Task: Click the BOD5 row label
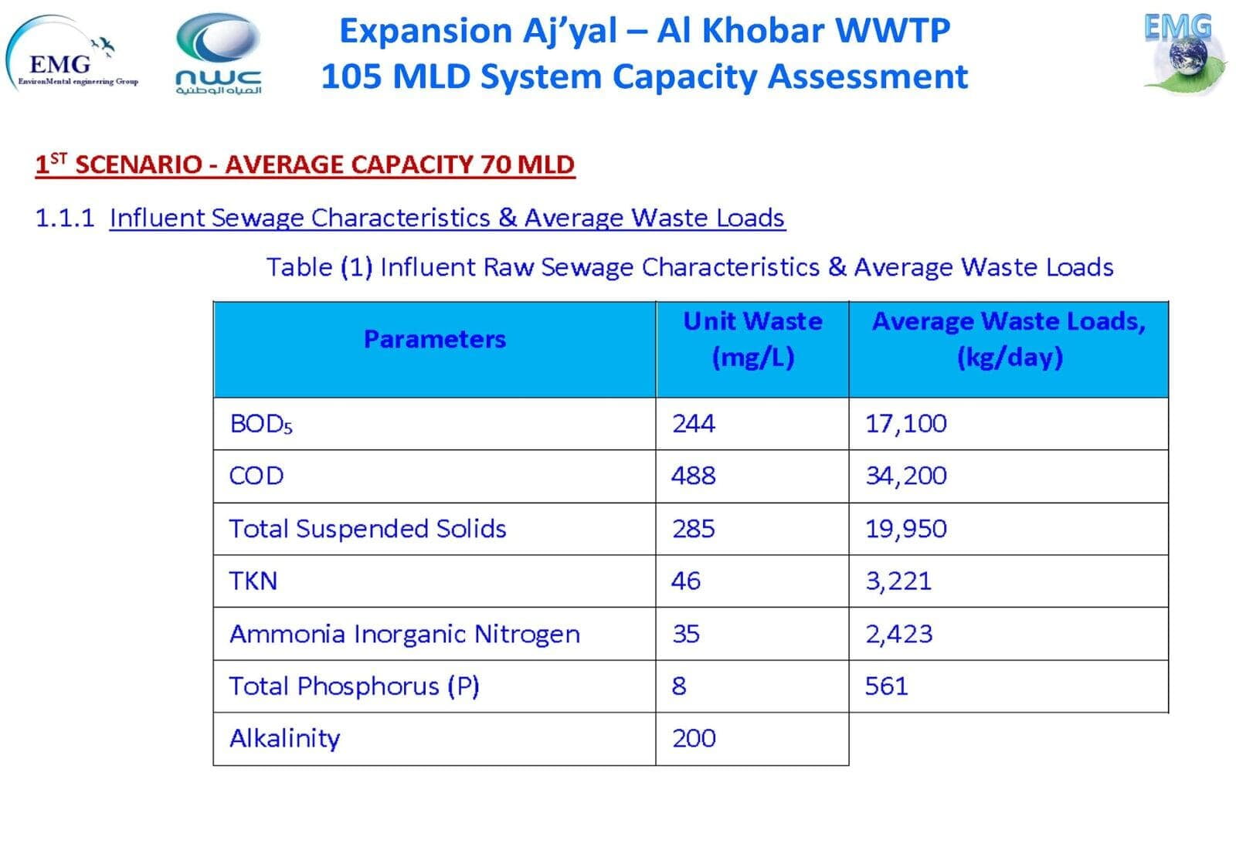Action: click(261, 424)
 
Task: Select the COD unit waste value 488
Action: click(693, 476)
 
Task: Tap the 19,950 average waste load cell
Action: click(905, 529)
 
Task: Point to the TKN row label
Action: click(253, 581)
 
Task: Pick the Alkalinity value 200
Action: click(694, 739)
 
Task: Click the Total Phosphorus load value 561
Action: click(886, 686)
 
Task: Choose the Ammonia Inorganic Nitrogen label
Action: click(404, 634)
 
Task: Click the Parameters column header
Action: click(434, 340)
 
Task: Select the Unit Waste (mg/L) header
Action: click(752, 340)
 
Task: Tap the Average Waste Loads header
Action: click(1008, 340)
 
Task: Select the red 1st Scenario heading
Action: click(305, 164)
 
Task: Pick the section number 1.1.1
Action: click(65, 218)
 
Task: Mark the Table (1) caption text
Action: click(689, 267)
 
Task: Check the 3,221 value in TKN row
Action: click(898, 581)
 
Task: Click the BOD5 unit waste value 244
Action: click(693, 424)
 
